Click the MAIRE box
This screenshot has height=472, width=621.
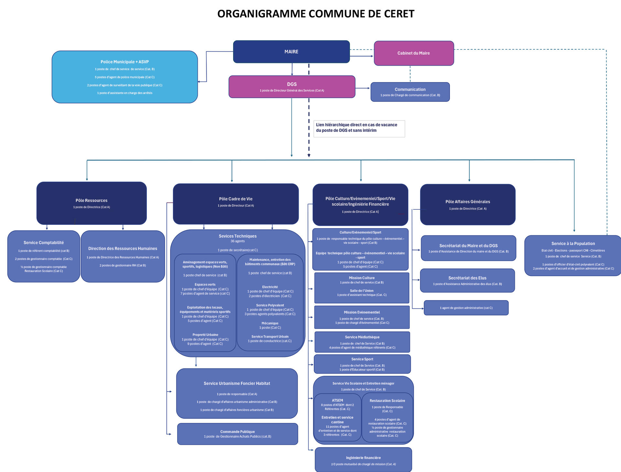[x=291, y=52]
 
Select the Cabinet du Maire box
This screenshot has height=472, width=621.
[x=414, y=53]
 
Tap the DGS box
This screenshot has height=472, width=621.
[x=292, y=87]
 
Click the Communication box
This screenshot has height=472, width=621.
[x=410, y=92]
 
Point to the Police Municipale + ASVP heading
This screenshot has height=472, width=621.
[x=125, y=62]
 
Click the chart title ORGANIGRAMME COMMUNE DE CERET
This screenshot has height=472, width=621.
[x=316, y=14]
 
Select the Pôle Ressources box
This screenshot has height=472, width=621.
[x=92, y=203]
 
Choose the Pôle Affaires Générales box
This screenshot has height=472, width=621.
[x=467, y=204]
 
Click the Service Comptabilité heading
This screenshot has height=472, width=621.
[x=44, y=243]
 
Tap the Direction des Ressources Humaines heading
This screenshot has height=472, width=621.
[x=123, y=248]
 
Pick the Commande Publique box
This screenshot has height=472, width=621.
[x=237, y=434]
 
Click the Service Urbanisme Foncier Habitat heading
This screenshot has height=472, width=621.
[x=237, y=383]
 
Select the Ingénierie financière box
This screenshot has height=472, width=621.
[x=363, y=460]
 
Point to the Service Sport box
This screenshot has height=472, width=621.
[x=362, y=364]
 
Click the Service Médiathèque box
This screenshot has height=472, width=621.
[x=362, y=342]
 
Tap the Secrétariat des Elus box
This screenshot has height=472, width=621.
[x=467, y=280]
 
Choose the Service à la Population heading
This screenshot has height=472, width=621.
[x=573, y=244]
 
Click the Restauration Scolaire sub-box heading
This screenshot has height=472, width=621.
[x=387, y=401]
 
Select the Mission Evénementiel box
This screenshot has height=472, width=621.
[x=362, y=317]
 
